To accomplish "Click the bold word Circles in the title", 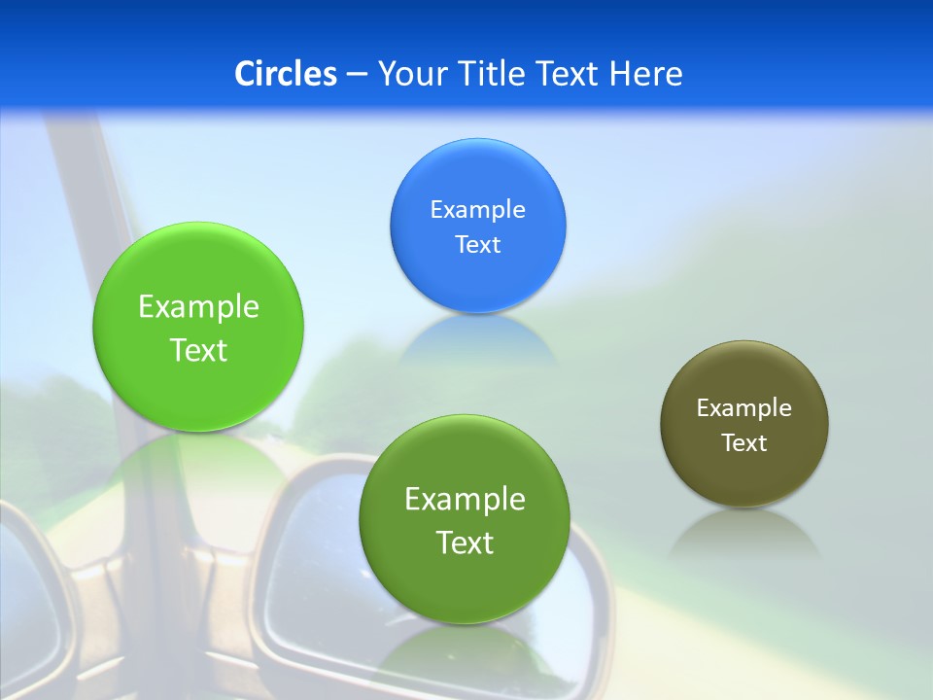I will (286, 73).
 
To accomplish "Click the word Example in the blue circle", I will (477, 209).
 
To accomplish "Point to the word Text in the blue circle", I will (477, 244).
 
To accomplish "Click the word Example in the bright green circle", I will (198, 307).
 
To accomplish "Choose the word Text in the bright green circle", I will (198, 350).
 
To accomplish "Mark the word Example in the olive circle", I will (743, 407).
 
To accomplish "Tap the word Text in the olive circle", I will (743, 443).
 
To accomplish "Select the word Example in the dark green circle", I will (465, 499).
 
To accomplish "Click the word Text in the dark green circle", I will (465, 542).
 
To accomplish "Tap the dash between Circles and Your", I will (356, 75).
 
